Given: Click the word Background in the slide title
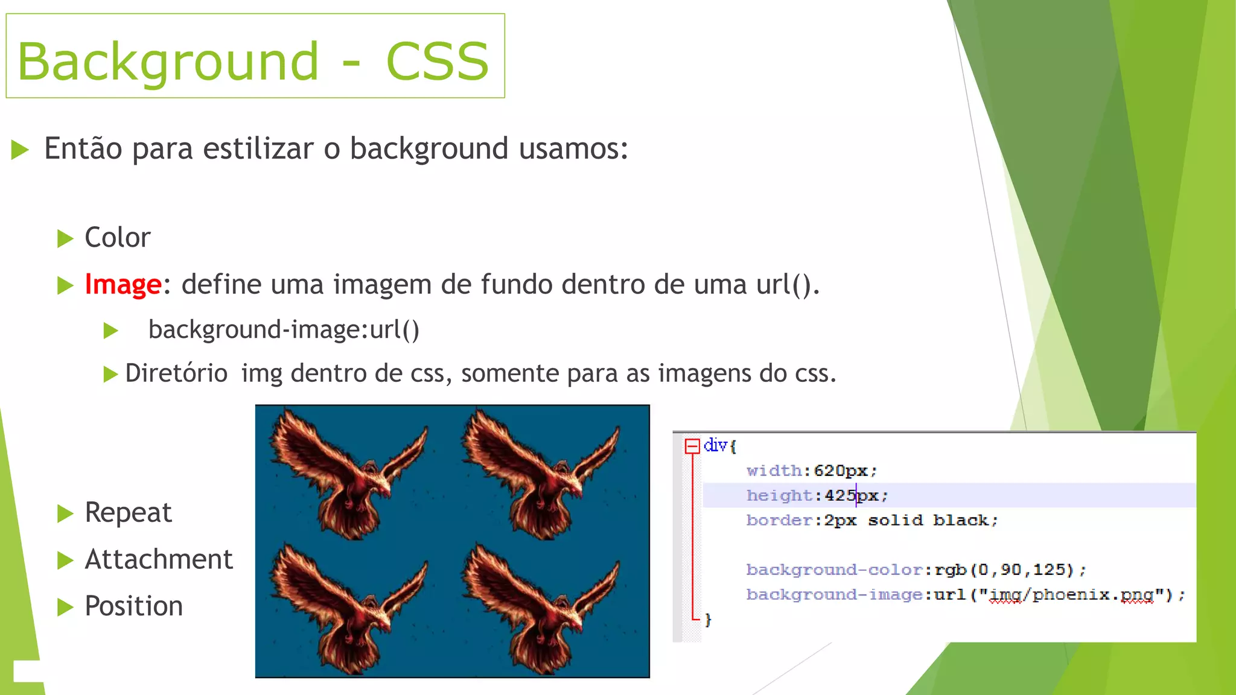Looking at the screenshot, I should tap(168, 62).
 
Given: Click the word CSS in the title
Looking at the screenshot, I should tap(437, 62).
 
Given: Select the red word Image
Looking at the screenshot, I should tap(123, 284).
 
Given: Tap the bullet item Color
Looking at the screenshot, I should tap(117, 238).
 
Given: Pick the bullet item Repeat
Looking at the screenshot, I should tap(128, 513).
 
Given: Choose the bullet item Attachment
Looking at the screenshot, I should tap(158, 559).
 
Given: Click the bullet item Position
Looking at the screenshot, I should tap(133, 606).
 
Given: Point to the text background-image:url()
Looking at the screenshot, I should tap(284, 330).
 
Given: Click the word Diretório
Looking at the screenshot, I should tap(176, 373).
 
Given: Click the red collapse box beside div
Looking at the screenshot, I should tap(692, 446).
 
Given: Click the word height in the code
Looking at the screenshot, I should tap(780, 496).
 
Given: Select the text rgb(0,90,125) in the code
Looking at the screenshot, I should tap(1004, 570).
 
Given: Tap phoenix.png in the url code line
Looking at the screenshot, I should tap(1092, 595).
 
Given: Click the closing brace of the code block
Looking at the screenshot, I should tap(708, 620).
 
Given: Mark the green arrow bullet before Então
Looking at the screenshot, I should tap(20, 150).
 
